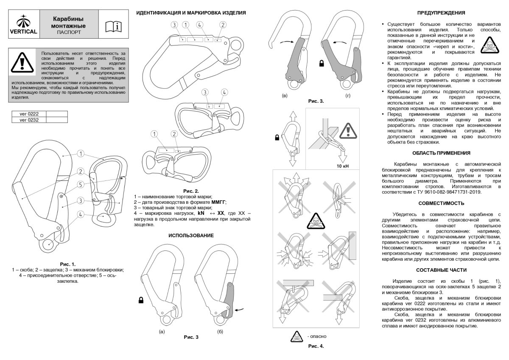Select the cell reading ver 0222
[x=29, y=114]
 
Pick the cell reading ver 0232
[x=29, y=120]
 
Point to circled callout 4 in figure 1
[x=80, y=215]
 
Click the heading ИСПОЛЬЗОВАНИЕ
[x=191, y=235]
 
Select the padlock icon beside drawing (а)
[x=140, y=301]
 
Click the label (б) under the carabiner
[x=220, y=330]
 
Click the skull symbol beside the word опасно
[x=296, y=337]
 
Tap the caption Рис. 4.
[x=316, y=346]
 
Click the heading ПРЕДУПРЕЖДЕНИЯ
[x=441, y=13]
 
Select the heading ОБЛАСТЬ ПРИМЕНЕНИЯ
[x=441, y=153]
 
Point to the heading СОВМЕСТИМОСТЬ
[x=441, y=203]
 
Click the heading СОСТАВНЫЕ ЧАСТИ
[x=441, y=270]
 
